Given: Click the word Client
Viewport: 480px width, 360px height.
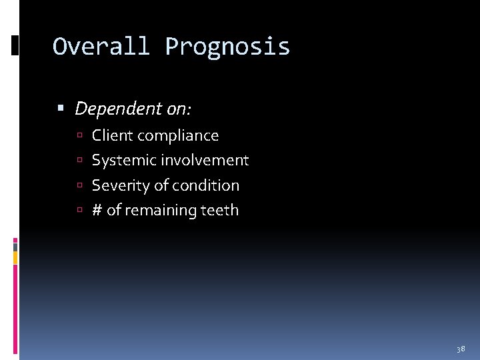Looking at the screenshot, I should coord(111,135).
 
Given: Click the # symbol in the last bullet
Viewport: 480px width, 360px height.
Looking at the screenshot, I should coord(97,210).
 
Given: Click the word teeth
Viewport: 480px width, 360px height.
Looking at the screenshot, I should coord(219,210).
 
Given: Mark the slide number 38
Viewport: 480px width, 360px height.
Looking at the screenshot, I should coord(460,349).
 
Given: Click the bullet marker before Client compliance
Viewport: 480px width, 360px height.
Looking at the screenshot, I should coord(79,136).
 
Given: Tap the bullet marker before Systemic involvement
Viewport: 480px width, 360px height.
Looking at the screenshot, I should coord(79,161).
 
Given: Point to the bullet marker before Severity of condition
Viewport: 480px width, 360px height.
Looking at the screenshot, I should coord(79,186).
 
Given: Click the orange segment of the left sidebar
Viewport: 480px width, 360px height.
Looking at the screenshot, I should coord(15,257).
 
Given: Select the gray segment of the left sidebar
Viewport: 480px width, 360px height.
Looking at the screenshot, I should coord(15,246).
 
